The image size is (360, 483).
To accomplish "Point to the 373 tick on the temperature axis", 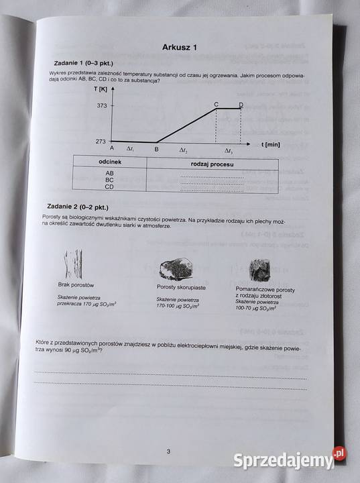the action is [102, 106].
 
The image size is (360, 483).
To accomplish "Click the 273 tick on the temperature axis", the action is [102, 142].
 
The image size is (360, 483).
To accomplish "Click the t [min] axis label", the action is [270, 144].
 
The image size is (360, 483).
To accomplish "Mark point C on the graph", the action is [216, 105].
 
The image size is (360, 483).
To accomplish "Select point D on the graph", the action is [241, 105].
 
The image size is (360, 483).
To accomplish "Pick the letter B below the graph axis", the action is [156, 149].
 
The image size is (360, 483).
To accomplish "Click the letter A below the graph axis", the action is [111, 149].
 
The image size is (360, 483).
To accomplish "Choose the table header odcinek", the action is [109, 163].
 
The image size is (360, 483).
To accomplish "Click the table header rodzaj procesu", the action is [211, 164].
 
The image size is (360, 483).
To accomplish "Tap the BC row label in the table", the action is [109, 180].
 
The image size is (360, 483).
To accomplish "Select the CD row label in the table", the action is [109, 187].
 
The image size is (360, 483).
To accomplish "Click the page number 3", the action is [168, 451].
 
